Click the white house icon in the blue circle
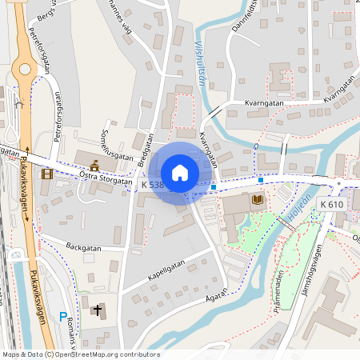tap(180, 172)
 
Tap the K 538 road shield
tap(153, 185)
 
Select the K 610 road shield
tap(331, 205)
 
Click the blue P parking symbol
tap(63, 318)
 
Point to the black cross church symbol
tap(98, 310)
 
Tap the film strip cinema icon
tap(47, 174)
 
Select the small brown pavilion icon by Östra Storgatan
tap(95, 166)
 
